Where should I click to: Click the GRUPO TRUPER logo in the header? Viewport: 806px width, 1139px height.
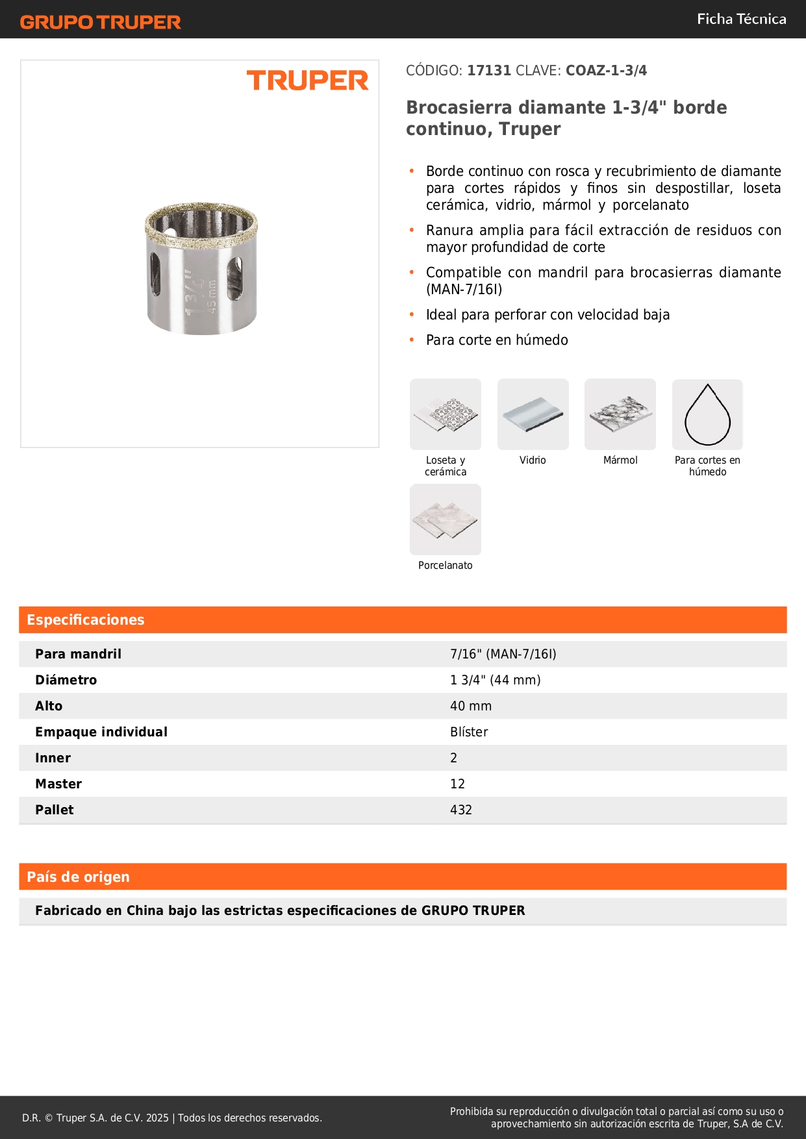100,22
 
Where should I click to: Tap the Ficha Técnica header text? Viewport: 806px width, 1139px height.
741,19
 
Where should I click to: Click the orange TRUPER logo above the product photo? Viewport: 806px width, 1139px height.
307,81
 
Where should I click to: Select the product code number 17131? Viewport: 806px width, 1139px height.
489,71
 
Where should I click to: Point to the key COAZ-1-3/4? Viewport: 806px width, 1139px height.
606,71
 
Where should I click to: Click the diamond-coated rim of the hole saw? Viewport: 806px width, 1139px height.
201,214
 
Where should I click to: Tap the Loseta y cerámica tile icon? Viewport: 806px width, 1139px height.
446,414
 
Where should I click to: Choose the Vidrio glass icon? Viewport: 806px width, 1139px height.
533,414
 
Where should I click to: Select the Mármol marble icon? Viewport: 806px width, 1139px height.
620,414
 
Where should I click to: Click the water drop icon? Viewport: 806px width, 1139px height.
707,414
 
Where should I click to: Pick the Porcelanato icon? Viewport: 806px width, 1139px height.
446,519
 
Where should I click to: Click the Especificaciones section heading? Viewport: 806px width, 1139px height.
86,620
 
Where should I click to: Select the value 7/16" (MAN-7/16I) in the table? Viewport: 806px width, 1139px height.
503,654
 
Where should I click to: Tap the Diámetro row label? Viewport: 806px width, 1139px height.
66,680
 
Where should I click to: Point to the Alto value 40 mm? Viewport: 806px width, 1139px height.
471,706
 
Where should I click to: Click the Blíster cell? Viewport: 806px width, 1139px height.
469,732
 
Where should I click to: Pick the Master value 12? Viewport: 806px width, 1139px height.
457,784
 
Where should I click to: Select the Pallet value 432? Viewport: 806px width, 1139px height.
461,810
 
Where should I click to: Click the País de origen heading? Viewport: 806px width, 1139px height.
79,877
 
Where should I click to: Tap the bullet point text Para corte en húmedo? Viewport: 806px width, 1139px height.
497,340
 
